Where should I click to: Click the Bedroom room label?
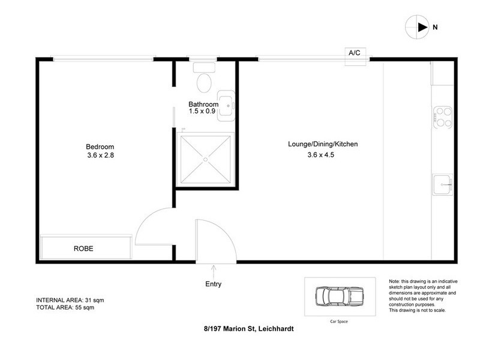tap(100, 146)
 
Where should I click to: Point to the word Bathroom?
tap(204, 104)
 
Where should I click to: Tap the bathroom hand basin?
tap(226, 104)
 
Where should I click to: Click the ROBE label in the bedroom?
tap(84, 248)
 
